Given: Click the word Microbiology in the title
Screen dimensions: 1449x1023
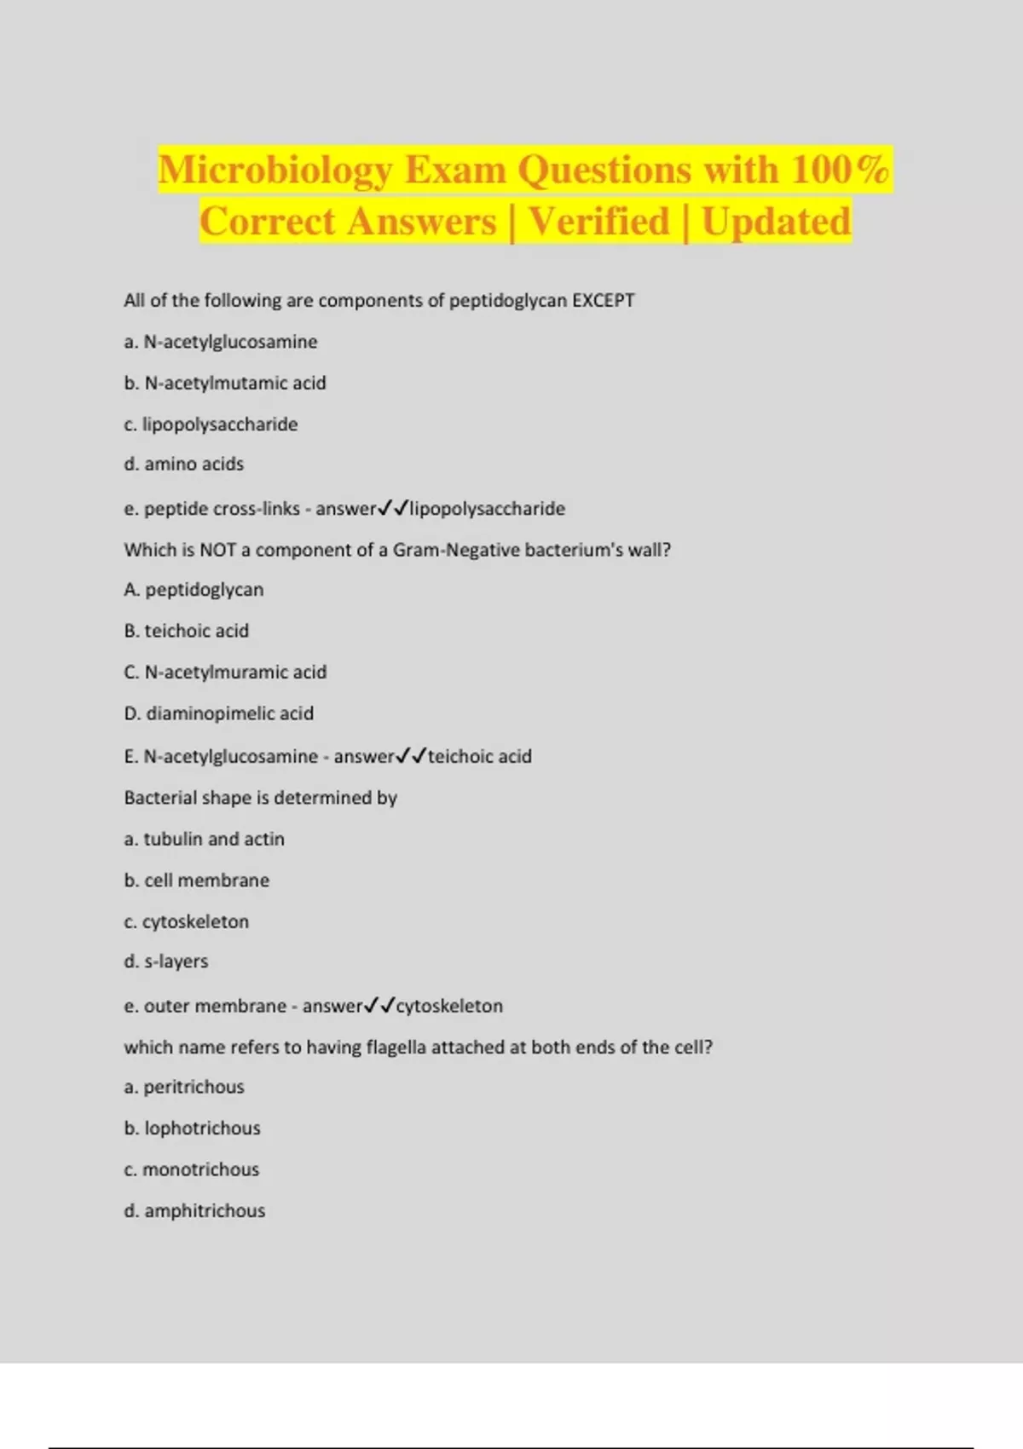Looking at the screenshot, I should [275, 170].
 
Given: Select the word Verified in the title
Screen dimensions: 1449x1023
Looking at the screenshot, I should [599, 222].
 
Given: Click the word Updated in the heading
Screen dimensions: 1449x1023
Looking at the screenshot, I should [776, 222].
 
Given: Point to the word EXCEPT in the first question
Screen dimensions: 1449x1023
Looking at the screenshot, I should [603, 301].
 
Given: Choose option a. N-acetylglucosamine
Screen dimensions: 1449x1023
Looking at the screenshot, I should [221, 342].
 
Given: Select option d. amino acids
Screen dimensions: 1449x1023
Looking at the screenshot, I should [184, 465].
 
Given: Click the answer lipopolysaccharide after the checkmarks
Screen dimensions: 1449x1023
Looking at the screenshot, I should [488, 509].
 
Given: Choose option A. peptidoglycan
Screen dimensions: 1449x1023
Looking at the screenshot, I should [194, 590].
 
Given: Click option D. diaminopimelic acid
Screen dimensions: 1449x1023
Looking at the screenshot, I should [219, 713].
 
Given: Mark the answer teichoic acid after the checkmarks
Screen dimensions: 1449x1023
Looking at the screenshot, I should [480, 757].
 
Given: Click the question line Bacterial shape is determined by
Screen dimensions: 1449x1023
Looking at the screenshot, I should [261, 798].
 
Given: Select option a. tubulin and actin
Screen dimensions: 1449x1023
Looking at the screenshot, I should [205, 840].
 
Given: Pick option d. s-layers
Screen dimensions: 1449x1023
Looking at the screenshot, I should [166, 961].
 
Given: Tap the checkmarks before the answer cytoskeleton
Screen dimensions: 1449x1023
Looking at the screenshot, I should [379, 1006].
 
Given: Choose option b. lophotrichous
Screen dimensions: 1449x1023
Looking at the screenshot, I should [193, 1129].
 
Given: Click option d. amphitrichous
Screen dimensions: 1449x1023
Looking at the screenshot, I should [195, 1211].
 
